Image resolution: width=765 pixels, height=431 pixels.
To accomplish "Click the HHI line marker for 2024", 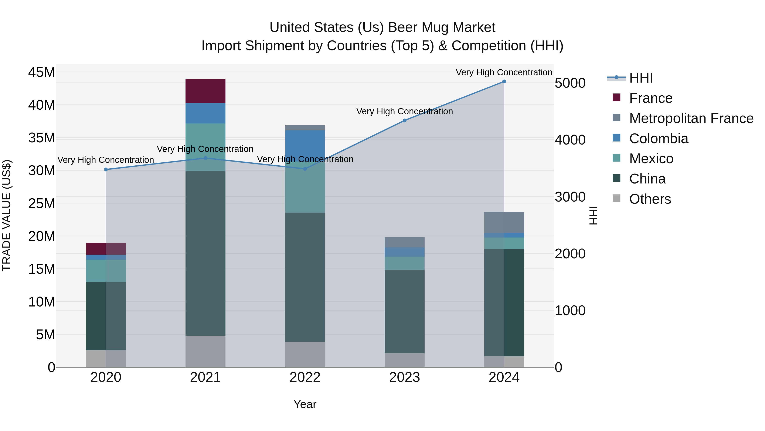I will click(x=504, y=82).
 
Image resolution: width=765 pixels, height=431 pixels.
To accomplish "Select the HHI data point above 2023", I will click(x=404, y=120).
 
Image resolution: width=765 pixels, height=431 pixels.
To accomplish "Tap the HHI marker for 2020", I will click(x=106, y=170).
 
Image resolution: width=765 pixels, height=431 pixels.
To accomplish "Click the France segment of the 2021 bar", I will click(x=205, y=91).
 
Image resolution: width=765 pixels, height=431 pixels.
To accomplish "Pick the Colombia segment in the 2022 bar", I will click(x=305, y=146).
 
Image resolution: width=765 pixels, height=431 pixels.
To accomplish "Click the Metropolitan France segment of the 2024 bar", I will click(x=504, y=222).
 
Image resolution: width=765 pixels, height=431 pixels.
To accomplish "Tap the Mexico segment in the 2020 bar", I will click(x=106, y=271).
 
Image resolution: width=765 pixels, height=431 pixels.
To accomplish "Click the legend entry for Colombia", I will click(x=658, y=139).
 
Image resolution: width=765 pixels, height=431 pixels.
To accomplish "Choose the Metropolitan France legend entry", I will click(x=691, y=118).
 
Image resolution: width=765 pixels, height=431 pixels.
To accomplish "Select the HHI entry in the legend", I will click(x=641, y=78).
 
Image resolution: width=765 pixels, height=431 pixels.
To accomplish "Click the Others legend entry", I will click(x=650, y=199).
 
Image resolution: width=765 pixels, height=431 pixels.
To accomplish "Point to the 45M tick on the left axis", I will click(x=42, y=72).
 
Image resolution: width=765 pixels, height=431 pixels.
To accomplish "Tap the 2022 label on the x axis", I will click(x=305, y=377).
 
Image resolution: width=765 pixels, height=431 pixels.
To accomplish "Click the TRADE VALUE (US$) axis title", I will click(x=7, y=215).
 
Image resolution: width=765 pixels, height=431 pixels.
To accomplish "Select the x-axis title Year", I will click(x=305, y=404).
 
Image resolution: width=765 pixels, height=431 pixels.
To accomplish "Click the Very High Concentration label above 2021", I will click(x=205, y=149).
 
